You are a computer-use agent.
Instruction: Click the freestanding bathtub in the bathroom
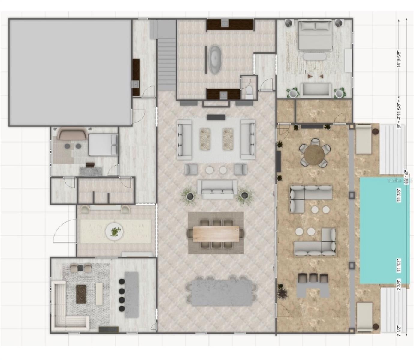tap(215, 59)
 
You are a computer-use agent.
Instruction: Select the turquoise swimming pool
tap(384, 230)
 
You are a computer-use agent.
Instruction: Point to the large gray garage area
tap(70, 72)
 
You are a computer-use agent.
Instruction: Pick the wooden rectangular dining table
tap(216, 233)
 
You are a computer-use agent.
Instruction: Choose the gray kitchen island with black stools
tap(131, 295)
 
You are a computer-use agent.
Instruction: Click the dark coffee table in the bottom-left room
tap(81, 294)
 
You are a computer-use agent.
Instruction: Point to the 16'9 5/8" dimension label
tap(399, 59)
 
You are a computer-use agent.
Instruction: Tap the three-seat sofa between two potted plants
tap(217, 189)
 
